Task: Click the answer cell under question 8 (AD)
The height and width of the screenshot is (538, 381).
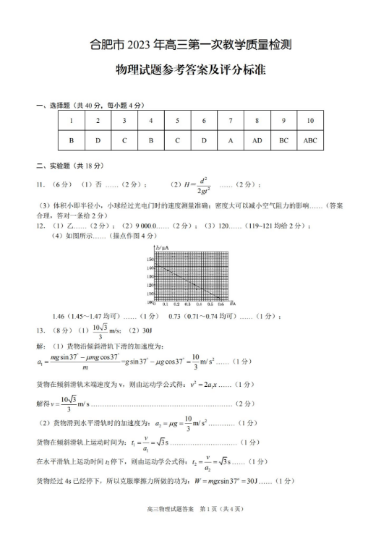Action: pos(257,140)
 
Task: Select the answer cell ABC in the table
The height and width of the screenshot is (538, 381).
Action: pos(310,140)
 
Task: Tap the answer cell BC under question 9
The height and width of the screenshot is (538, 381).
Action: pos(284,140)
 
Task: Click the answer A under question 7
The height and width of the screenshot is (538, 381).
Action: pos(231,140)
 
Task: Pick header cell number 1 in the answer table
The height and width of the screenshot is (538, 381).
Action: pos(72,121)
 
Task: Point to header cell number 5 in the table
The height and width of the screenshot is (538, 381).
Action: pos(177,121)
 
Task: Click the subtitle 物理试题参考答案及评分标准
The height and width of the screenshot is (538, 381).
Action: pos(191,71)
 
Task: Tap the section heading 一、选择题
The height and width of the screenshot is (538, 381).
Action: pos(52,106)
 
